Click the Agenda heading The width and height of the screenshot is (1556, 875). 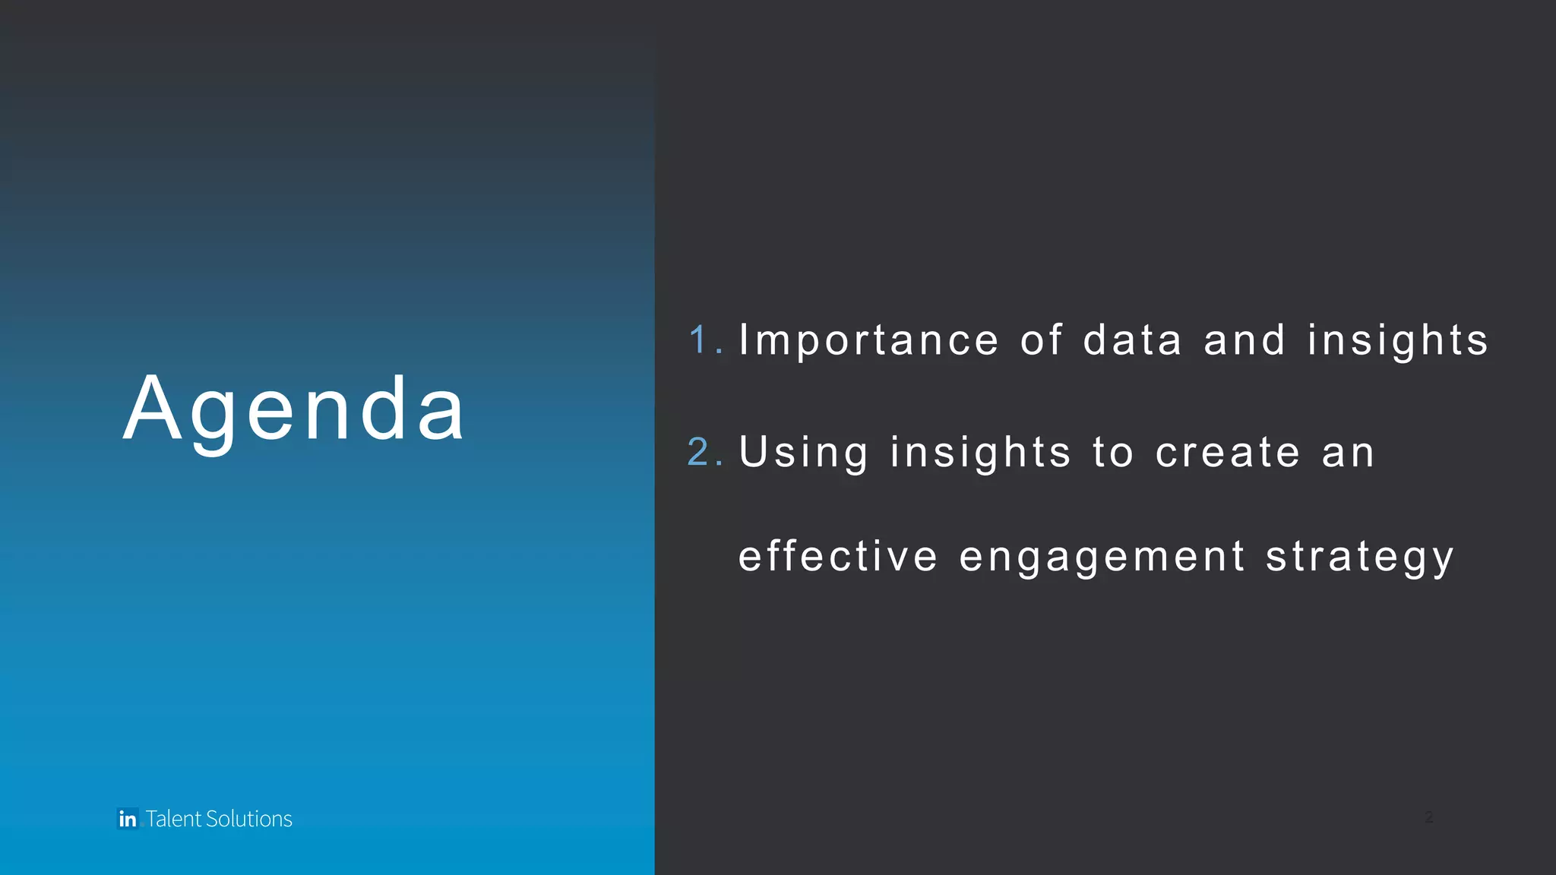pyautogui.click(x=293, y=410)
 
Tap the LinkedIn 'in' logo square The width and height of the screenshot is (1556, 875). pyautogui.click(x=128, y=819)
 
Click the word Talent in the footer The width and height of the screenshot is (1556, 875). pyautogui.click(x=174, y=819)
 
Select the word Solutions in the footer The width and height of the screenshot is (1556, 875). pyautogui.click(x=249, y=819)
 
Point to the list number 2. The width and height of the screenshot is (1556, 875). pyautogui.click(x=700, y=452)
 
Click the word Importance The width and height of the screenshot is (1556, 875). pyautogui.click(x=868, y=340)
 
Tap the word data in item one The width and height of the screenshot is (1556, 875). pyautogui.click(x=1132, y=340)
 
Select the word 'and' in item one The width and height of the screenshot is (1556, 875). pyautogui.click(x=1244, y=340)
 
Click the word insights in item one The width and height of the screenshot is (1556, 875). pyautogui.click(x=1398, y=340)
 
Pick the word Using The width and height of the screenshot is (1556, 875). pyautogui.click(x=803, y=453)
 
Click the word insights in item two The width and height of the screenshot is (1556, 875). pyautogui.click(x=980, y=453)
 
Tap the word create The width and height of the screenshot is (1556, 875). pyautogui.click(x=1228, y=453)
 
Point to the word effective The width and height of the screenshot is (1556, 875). pyautogui.click(x=838, y=556)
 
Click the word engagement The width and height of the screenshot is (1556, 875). pyautogui.click(x=1102, y=558)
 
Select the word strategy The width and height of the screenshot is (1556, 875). pyautogui.click(x=1359, y=558)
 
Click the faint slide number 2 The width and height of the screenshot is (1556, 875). pyautogui.click(x=1428, y=817)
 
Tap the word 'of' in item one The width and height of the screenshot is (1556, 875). pyautogui.click(x=1041, y=340)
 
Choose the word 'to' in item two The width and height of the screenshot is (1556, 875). pyautogui.click(x=1113, y=453)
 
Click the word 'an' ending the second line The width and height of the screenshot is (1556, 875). pyautogui.click(x=1349, y=453)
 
